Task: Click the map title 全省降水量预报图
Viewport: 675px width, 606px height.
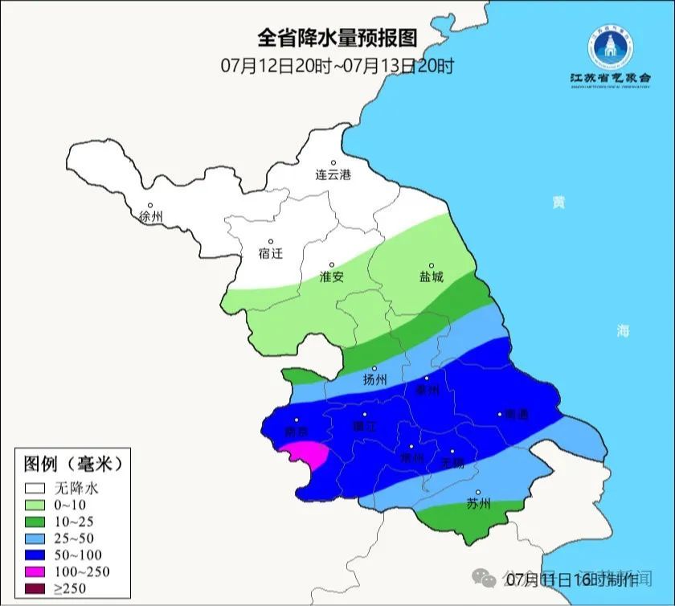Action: (337, 38)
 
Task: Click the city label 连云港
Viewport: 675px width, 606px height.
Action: (333, 174)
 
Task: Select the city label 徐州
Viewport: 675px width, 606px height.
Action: (150, 216)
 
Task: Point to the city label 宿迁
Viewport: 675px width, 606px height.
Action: (271, 253)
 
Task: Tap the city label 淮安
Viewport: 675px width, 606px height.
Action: (331, 276)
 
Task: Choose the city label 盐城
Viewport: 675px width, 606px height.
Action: (431, 276)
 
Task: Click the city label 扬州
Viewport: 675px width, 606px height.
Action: (374, 379)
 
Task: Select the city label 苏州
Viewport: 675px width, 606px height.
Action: (478, 504)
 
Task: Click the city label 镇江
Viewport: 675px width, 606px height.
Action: (365, 427)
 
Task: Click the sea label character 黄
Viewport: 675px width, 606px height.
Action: (557, 203)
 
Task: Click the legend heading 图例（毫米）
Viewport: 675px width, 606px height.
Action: (72, 464)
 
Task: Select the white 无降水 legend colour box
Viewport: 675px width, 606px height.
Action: (35, 487)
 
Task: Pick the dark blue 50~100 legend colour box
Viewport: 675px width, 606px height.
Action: (35, 555)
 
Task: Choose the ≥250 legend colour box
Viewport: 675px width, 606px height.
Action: (35, 588)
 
